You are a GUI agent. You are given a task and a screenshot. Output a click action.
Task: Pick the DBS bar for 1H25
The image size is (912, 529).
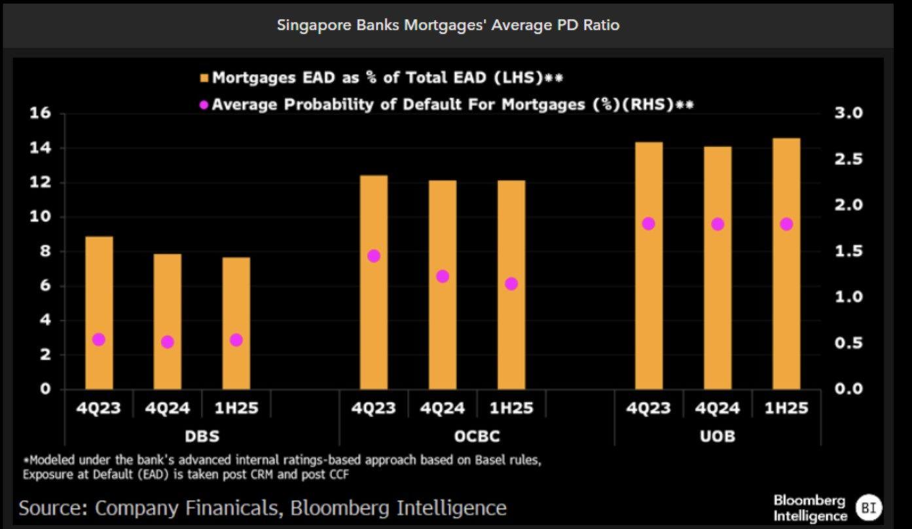[236, 323]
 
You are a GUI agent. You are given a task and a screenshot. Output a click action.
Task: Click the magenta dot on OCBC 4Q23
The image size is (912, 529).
[374, 256]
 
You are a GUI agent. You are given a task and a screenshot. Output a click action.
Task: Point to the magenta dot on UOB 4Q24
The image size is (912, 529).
[718, 224]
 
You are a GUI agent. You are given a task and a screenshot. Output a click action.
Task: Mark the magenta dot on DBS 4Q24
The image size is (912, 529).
[168, 342]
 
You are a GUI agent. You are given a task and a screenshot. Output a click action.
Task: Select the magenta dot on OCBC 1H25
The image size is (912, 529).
[511, 284]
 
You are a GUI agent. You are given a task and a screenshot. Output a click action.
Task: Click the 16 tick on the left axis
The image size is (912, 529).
[40, 113]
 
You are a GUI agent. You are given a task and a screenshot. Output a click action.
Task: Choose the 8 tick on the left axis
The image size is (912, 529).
[45, 251]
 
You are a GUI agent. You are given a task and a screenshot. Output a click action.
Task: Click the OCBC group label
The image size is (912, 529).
[477, 435]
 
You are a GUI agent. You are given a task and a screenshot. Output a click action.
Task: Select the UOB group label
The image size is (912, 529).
[718, 435]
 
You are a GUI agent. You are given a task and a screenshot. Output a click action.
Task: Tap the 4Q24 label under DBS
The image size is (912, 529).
[168, 409]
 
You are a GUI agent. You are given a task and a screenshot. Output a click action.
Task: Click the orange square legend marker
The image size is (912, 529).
[204, 79]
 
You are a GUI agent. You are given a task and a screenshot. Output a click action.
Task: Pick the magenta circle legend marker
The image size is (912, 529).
[204, 105]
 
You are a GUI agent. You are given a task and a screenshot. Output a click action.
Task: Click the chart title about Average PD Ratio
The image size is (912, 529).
[448, 26]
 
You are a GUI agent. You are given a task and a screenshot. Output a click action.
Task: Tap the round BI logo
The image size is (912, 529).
[870, 507]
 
